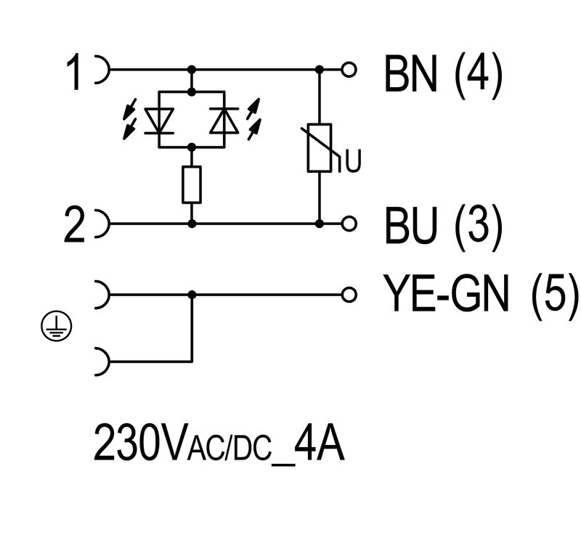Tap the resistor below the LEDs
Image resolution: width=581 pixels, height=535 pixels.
(192, 184)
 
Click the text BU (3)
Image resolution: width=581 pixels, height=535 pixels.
(443, 226)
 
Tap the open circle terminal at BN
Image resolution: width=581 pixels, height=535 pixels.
(351, 70)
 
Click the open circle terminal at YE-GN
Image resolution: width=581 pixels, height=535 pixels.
(351, 294)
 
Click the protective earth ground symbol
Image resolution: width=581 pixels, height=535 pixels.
(54, 329)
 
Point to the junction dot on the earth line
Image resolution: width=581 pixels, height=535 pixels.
(192, 294)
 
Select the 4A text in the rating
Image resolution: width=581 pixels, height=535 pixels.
(320, 444)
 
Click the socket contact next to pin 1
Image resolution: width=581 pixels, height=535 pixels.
(102, 70)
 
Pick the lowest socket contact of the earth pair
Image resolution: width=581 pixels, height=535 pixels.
(102, 360)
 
